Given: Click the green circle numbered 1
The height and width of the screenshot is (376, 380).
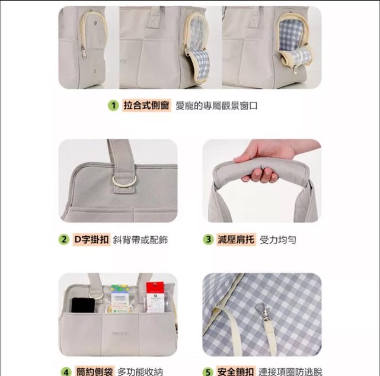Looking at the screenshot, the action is pyautogui.click(x=113, y=105).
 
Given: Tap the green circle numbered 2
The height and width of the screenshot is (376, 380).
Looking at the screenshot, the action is pyautogui.click(x=64, y=239).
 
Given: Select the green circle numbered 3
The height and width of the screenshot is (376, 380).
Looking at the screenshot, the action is pyautogui.click(x=208, y=239).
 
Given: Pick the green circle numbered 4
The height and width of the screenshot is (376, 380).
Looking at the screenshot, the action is pyautogui.click(x=66, y=372).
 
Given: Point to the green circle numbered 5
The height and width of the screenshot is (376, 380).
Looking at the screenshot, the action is pyautogui.click(x=207, y=372).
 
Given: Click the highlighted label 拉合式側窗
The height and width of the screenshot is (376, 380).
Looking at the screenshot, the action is pyautogui.click(x=146, y=105).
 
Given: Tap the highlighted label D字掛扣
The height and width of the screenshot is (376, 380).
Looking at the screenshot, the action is pyautogui.click(x=91, y=239).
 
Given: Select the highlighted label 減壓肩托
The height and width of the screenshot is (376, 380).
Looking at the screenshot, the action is pyautogui.click(x=236, y=239).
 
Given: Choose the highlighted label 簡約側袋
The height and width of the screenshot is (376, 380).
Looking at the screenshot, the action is pyautogui.click(x=94, y=371).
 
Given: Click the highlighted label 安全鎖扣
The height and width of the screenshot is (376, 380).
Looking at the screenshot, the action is pyautogui.click(x=235, y=371).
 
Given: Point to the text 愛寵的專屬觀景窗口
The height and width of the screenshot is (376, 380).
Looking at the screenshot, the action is pyautogui.click(x=216, y=106).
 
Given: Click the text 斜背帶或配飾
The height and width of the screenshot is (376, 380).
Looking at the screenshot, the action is pyautogui.click(x=140, y=240).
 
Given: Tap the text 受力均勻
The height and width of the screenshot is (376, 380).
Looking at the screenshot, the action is pyautogui.click(x=277, y=240).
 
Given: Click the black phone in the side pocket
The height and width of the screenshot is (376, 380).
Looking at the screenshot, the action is pyautogui.click(x=83, y=305).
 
